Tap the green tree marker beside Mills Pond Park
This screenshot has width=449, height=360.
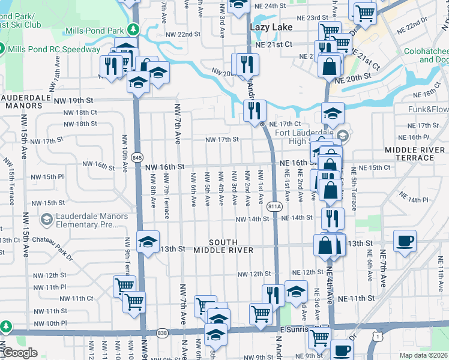tap(134, 29)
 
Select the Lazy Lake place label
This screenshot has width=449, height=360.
tap(271, 28)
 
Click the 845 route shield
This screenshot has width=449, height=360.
tap(137, 158)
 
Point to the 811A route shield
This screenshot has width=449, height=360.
tap(275, 206)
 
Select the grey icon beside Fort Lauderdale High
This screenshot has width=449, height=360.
tap(342, 134)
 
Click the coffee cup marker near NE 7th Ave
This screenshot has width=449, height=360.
tap(405, 241)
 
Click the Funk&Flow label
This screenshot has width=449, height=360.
tap(428, 109)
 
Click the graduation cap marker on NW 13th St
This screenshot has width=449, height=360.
tap(148, 242)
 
